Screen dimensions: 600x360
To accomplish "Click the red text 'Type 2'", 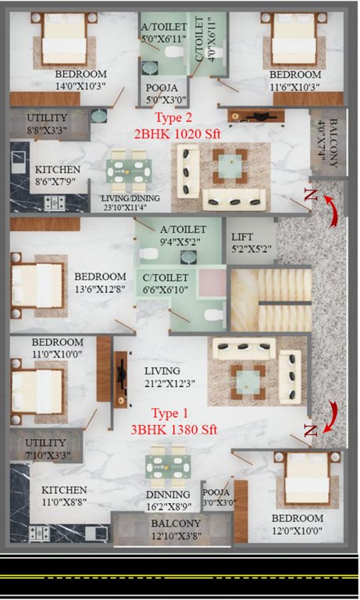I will click(x=175, y=119).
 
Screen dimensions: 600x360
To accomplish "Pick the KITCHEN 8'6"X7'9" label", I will click(x=57, y=175).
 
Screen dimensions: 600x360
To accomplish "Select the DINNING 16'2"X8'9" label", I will click(x=168, y=500).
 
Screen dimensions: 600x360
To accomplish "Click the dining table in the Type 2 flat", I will click(x=130, y=173).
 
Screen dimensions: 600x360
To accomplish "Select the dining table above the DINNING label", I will click(x=167, y=466).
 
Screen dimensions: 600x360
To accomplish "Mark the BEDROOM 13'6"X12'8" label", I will click(x=100, y=283).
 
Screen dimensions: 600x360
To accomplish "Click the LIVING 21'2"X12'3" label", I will click(x=162, y=377).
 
